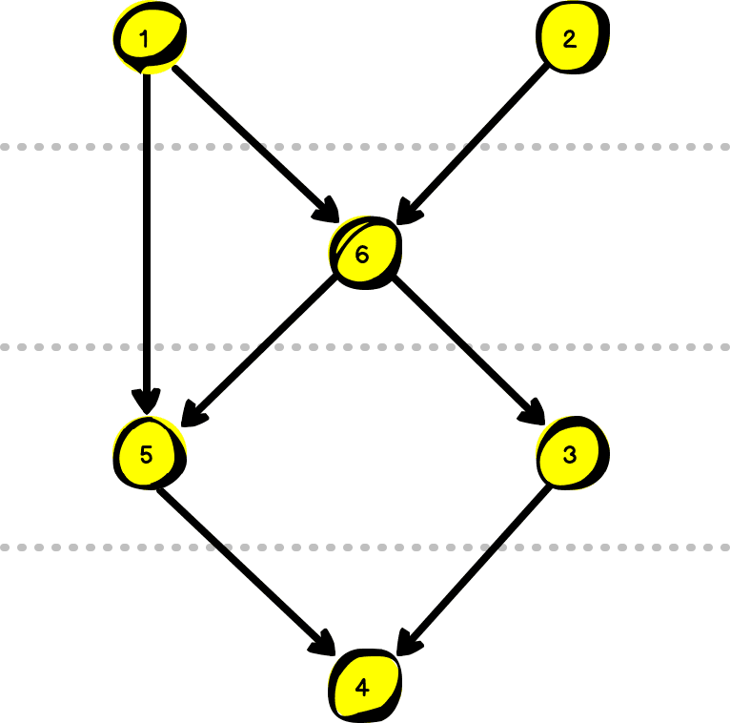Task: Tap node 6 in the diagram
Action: click(363, 254)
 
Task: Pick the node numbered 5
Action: click(147, 454)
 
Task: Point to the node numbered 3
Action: click(570, 454)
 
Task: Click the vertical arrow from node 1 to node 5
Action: click(147, 238)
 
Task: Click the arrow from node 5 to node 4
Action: click(248, 568)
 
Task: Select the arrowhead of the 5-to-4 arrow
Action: click(326, 645)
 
